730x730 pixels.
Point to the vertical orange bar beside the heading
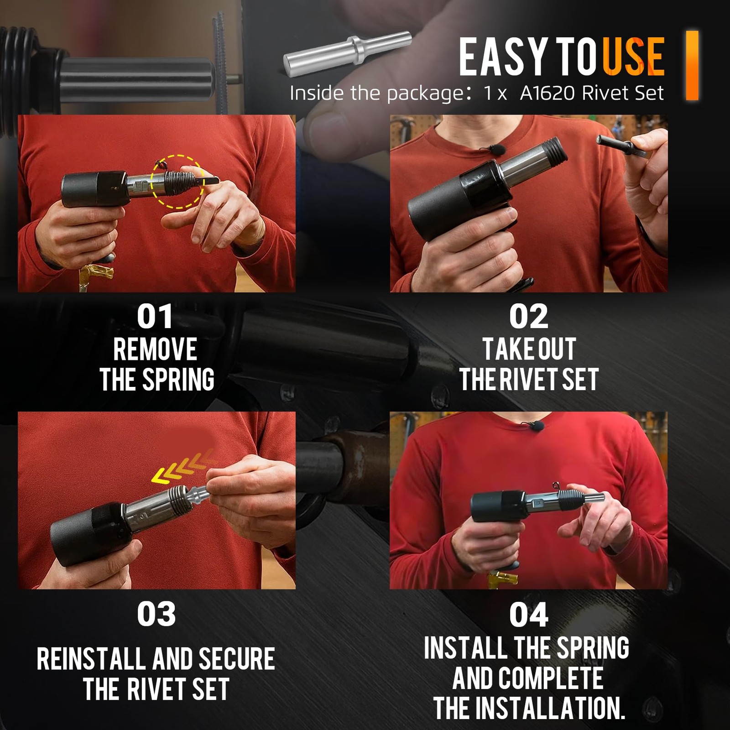[x=692, y=65]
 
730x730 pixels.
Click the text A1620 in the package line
[x=549, y=93]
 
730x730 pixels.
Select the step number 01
[x=155, y=316]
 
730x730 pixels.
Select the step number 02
[x=528, y=316]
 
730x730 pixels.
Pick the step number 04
[x=528, y=615]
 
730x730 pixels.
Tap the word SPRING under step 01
[x=178, y=380]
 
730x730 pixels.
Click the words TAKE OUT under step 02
[x=529, y=349]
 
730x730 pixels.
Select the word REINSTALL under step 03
[x=92, y=659]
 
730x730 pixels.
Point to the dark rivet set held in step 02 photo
[x=622, y=147]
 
